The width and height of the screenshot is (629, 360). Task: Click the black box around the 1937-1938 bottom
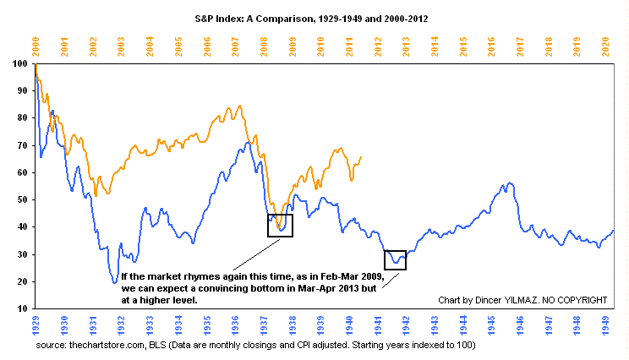click(280, 226)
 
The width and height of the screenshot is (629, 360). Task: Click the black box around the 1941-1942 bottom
click(395, 259)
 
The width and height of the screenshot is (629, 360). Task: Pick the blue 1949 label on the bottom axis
click(605, 325)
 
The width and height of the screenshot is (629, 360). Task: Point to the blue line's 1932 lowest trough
click(115, 282)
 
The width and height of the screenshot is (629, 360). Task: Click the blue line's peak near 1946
click(507, 183)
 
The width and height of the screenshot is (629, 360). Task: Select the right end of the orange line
click(361, 156)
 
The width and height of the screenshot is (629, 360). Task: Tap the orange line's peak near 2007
click(239, 106)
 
